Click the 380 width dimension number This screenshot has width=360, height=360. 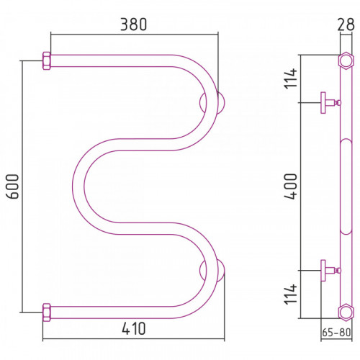point(133,24)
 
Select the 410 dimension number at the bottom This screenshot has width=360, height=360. point(134,328)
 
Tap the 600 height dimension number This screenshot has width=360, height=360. point(12,186)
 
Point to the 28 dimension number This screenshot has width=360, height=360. point(346,24)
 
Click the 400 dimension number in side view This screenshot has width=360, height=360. point(291,186)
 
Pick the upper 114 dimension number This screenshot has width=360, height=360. point(291,78)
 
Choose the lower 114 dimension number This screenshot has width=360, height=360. point(291,294)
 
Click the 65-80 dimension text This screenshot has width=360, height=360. point(336,333)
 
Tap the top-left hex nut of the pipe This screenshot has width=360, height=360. point(47,60)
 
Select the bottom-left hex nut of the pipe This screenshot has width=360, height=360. point(47,312)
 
